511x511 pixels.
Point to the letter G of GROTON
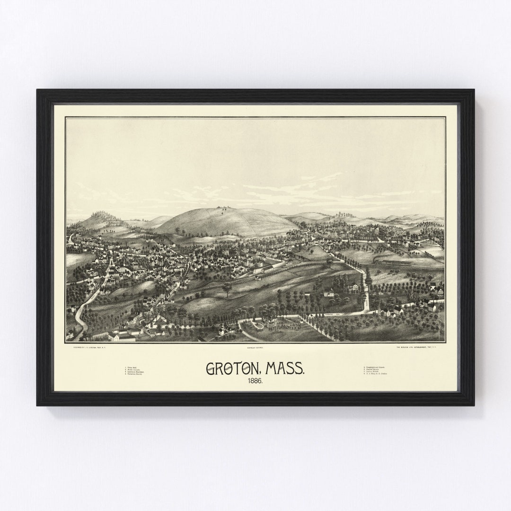210,368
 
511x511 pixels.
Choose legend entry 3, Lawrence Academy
135,372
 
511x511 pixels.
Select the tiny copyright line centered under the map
255,346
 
